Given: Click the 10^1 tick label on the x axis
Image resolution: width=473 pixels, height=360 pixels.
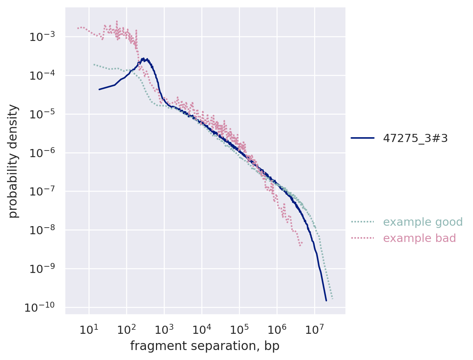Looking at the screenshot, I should point(88,329).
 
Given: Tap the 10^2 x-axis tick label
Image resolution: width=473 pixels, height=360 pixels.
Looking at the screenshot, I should point(126,329).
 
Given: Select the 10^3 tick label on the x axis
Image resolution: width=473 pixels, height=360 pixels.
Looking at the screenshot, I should point(164,329).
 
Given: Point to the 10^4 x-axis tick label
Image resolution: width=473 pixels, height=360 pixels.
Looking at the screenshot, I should point(202,329).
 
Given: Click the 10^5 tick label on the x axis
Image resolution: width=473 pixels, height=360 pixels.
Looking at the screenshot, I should point(239,329).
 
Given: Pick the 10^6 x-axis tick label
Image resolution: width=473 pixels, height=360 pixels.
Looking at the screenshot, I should point(277,329).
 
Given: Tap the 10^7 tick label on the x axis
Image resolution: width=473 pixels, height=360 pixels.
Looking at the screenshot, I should point(314,329).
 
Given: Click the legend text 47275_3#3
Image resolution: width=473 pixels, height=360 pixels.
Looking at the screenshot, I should point(415,138).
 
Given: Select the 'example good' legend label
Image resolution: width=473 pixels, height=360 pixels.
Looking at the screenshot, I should point(423,222).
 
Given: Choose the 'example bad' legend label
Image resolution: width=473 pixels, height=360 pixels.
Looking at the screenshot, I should point(420,238).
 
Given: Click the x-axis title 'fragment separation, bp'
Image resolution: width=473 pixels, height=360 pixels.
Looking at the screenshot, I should point(205,346).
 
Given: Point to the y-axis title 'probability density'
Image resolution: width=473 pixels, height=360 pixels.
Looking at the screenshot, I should point(13,161).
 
